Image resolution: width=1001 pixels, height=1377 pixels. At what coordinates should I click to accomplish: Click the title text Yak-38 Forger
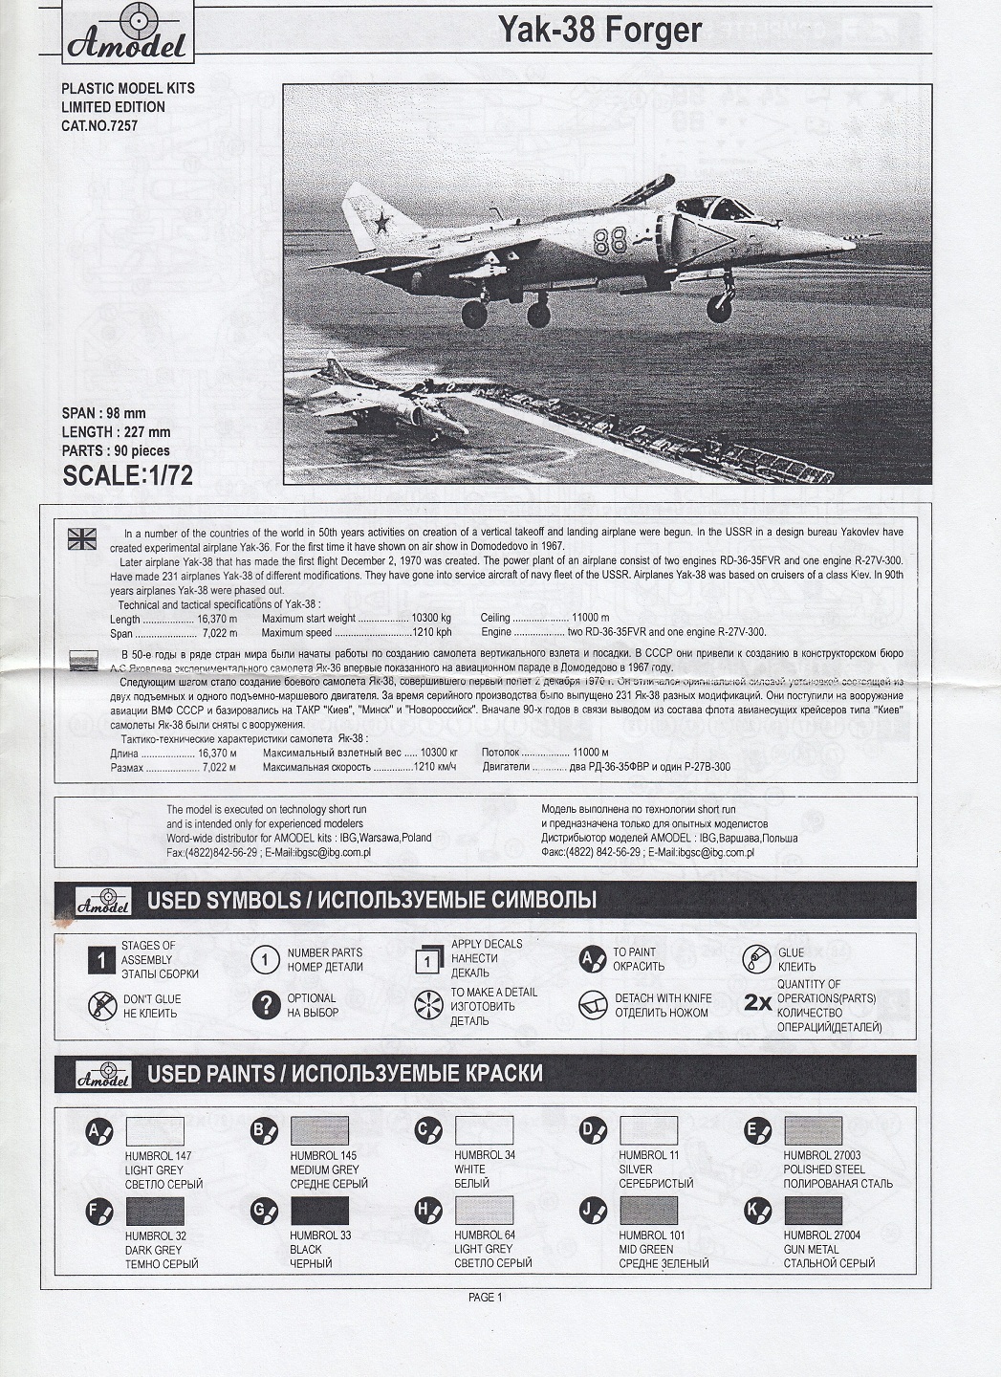click(599, 31)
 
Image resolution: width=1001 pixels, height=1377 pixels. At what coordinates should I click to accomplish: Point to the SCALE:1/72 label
click(127, 475)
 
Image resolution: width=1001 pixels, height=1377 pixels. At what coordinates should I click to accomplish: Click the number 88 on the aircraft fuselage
click(609, 241)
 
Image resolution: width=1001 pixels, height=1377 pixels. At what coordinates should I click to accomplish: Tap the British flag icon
click(82, 538)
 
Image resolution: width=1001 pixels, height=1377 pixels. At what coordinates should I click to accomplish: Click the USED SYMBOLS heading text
click(372, 900)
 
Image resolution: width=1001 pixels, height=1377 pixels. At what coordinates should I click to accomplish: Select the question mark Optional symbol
click(265, 1004)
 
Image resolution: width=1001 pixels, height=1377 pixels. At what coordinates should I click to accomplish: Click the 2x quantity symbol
click(757, 1003)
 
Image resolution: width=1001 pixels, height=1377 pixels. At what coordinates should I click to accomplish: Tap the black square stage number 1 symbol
click(100, 959)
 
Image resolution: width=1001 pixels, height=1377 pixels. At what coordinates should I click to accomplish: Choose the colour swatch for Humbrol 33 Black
click(319, 1211)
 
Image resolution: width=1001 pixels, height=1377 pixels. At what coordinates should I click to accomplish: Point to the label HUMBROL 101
click(651, 1235)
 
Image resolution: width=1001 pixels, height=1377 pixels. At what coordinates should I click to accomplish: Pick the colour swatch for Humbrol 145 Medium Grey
click(319, 1131)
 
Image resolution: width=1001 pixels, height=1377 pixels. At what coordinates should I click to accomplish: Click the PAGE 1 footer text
click(485, 1298)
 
